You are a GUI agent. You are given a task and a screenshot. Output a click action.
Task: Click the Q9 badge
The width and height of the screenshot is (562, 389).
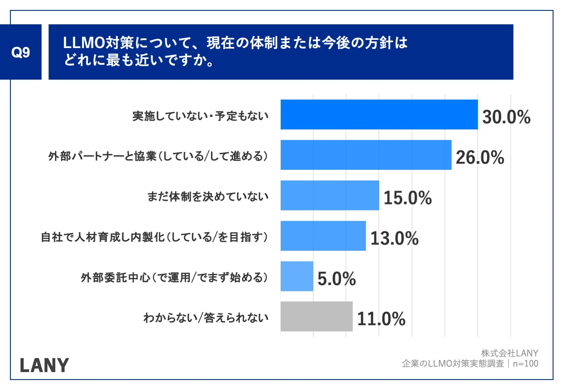20,52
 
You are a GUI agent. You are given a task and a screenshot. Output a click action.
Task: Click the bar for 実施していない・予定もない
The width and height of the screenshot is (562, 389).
379,114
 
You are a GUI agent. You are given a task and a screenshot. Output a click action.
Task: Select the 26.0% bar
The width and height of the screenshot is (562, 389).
366,155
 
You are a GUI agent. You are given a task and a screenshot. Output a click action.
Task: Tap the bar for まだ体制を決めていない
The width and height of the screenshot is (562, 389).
330,195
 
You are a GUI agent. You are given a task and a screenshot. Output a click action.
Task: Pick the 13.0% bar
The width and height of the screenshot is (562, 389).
323,236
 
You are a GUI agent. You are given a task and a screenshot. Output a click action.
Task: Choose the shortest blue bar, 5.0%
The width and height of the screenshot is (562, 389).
297,276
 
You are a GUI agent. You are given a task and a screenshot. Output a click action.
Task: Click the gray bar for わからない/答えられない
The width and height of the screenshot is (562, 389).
316,316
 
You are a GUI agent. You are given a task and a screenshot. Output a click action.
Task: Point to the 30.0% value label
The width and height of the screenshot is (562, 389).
506,117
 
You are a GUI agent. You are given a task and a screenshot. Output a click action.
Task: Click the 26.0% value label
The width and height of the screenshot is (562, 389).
480,157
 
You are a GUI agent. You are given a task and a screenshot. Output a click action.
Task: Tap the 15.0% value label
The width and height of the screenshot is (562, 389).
407,198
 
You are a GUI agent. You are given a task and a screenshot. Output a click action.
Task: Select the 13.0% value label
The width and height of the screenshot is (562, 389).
394,238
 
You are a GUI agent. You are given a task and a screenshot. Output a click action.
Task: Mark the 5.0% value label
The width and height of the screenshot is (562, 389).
337,278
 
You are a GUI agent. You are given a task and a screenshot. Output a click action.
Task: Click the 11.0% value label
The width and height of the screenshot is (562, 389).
381,319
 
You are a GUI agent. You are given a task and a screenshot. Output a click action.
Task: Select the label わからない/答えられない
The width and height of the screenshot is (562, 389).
206,318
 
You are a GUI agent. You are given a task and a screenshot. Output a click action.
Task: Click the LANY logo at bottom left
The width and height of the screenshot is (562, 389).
44,365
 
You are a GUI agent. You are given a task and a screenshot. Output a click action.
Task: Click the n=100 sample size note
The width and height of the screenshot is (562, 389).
525,364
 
